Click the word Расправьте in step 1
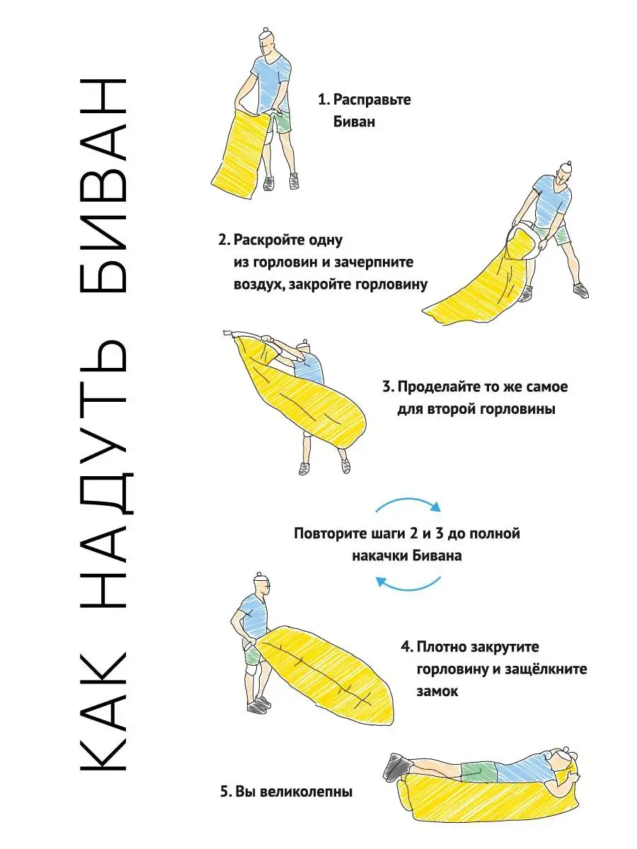(372, 100)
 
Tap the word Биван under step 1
(354, 122)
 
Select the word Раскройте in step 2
(268, 240)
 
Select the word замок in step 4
(437, 691)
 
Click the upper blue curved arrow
(408, 499)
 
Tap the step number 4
(406, 647)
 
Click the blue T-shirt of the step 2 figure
(550, 202)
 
